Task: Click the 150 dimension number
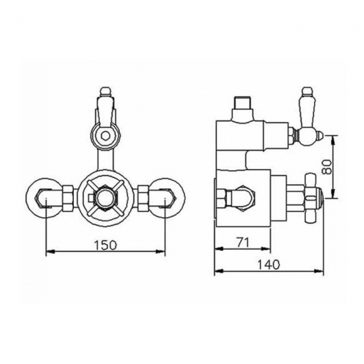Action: (105, 245)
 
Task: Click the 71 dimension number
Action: (243, 242)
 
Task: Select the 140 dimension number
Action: (269, 265)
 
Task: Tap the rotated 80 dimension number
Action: (327, 167)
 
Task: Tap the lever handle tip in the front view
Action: (106, 91)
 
